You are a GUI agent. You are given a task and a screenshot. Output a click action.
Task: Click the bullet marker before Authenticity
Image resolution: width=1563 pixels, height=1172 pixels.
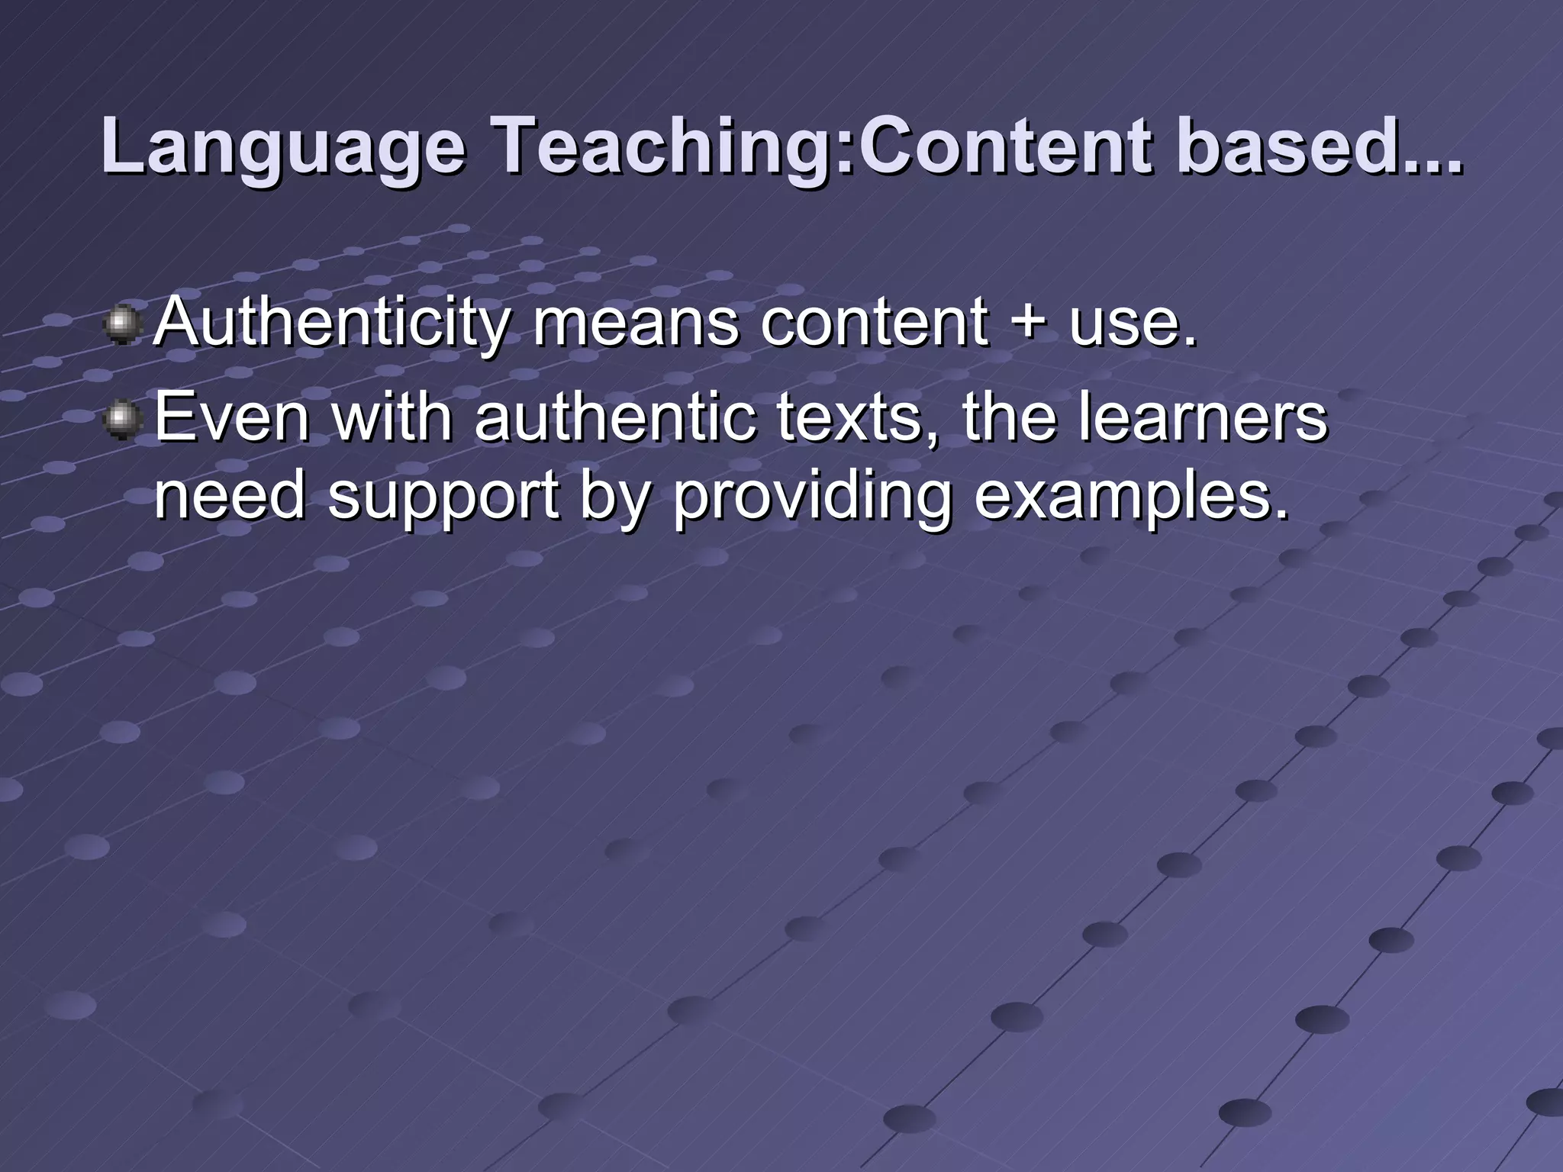[x=121, y=324]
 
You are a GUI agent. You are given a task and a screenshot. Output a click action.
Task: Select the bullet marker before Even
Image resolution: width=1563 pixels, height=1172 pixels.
[x=121, y=420]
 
